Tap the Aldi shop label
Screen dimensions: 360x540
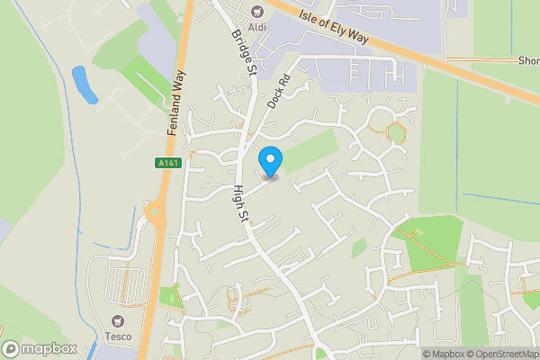(257, 25)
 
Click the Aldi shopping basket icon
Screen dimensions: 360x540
(257, 11)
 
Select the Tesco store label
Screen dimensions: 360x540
(117, 337)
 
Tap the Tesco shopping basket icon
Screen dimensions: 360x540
(117, 321)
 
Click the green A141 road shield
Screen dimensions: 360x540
(167, 163)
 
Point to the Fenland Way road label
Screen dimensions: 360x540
(176, 103)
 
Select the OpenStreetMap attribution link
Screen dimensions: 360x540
(501, 354)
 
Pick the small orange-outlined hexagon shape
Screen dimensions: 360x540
(395, 132)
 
